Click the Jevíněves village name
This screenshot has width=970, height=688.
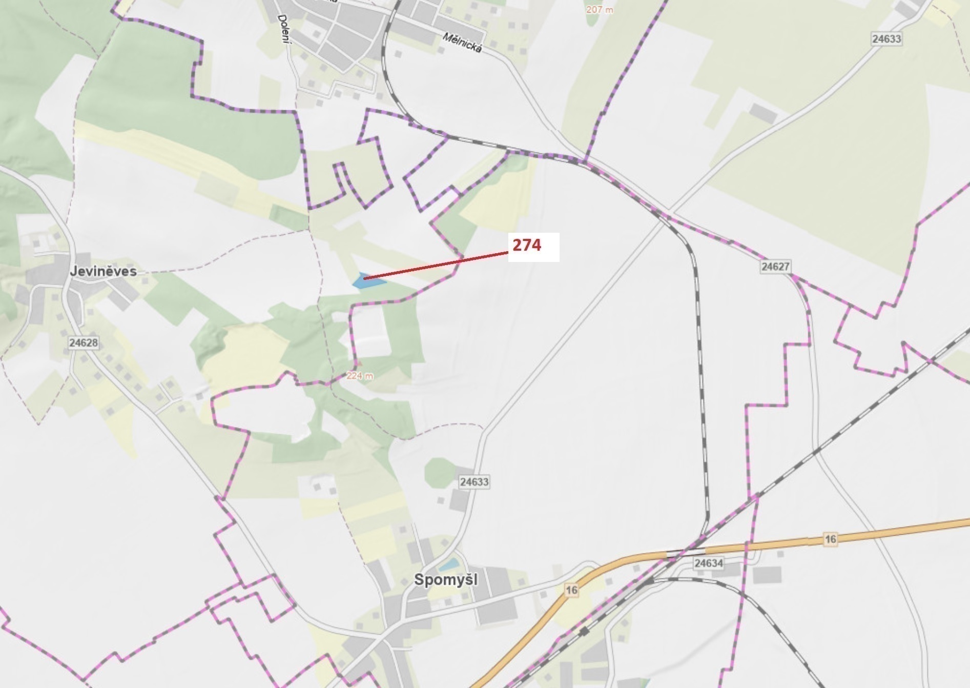(x=103, y=271)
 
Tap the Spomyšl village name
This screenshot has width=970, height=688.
(x=445, y=580)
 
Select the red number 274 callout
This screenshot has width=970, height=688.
(x=527, y=246)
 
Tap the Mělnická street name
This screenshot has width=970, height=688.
(x=462, y=44)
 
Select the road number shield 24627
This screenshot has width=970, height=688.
(x=775, y=267)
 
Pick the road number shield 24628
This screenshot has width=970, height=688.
(x=84, y=342)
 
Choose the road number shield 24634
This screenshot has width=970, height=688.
(x=709, y=563)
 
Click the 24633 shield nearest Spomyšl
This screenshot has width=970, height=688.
(x=474, y=482)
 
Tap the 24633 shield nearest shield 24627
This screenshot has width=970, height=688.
(x=886, y=39)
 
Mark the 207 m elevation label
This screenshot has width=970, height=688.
(x=600, y=10)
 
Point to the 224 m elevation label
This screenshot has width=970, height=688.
(x=360, y=376)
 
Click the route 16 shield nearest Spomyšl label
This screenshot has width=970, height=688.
(x=571, y=590)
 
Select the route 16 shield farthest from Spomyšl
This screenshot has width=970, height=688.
(x=831, y=539)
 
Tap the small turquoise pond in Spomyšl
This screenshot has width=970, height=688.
(x=449, y=564)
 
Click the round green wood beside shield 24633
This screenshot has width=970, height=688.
(x=440, y=472)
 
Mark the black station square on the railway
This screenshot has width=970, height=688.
(x=584, y=631)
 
